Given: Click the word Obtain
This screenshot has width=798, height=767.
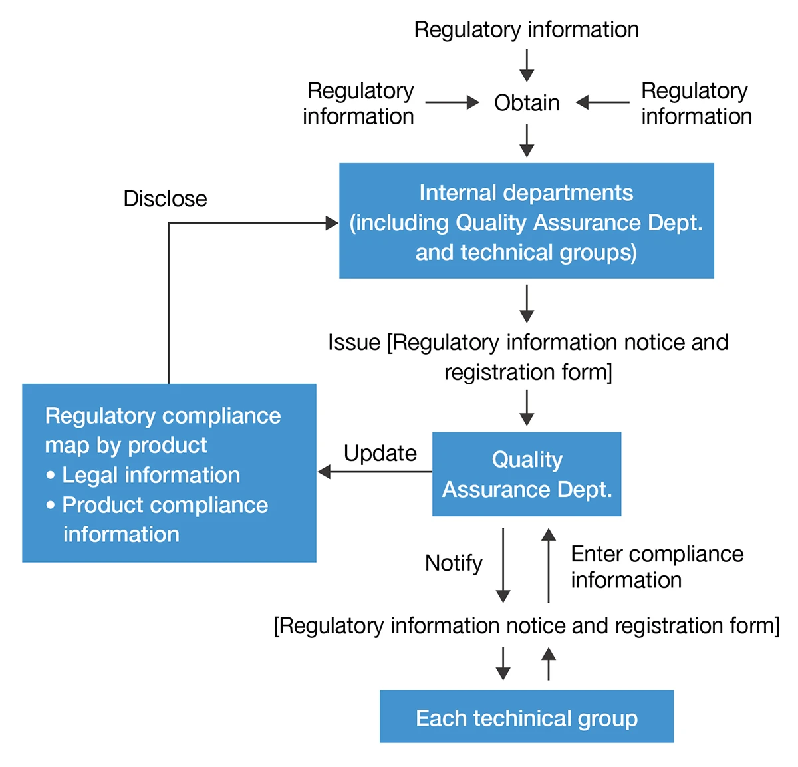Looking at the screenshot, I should point(527,103).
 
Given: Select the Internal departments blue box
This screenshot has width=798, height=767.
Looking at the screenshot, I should point(526,221).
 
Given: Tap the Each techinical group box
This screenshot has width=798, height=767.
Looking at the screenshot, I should point(526,717).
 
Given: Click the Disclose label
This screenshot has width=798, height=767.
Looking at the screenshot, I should point(165,198).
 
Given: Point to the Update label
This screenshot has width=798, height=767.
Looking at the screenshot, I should point(380,453).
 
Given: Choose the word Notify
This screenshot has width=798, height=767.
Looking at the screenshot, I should point(454,563).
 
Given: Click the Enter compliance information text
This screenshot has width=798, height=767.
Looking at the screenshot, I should point(656,567).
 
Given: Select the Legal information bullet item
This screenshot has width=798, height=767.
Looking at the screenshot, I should point(150,475).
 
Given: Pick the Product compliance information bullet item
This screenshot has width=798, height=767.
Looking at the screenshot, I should point(164,519).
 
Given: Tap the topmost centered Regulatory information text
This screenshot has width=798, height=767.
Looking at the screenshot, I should point(526,29).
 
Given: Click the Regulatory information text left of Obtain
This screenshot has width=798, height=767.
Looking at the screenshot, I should point(359,103).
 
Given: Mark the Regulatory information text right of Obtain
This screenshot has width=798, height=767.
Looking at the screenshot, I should point(696,103).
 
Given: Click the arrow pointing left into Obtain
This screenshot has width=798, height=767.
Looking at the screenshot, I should point(602,102).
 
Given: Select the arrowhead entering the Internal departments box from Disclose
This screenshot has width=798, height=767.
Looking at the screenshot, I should point(331,223).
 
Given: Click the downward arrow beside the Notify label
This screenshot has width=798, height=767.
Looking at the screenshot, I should point(503,565).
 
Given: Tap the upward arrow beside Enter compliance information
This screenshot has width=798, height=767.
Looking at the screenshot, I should point(549,565).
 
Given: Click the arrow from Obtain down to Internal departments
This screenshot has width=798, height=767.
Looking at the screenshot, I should point(527,140).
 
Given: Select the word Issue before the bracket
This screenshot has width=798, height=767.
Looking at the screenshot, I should point(354,342).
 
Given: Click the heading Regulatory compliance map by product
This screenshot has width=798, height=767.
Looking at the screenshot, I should point(162,430).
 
